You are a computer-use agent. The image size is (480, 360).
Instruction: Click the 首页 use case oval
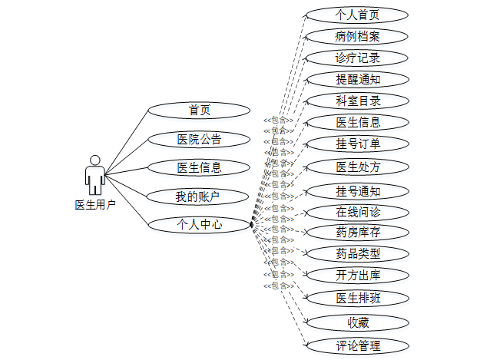coord(199,111)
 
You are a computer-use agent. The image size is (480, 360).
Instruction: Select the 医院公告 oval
coord(199,139)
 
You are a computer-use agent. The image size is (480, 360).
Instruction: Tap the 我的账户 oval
coord(199,197)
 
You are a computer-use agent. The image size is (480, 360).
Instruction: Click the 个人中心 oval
coord(199,225)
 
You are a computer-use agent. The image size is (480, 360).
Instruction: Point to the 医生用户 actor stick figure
coord(95,175)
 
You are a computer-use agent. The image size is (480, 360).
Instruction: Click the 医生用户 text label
coord(95,205)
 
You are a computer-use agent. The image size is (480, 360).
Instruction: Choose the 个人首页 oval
coord(357,15)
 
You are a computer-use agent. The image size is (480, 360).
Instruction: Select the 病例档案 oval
coord(357,36)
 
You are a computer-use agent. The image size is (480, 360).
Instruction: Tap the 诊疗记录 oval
coord(357,58)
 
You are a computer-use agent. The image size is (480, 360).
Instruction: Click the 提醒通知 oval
coord(357,79)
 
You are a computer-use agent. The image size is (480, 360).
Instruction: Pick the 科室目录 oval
coord(357,101)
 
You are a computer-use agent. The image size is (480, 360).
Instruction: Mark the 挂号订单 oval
coord(357,144)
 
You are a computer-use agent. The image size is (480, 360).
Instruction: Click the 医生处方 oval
coord(357,167)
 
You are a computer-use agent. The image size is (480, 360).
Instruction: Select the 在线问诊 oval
coord(357,212)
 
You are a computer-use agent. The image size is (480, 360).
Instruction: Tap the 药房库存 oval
coord(357,232)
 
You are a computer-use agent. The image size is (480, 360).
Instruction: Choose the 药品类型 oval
coord(357,253)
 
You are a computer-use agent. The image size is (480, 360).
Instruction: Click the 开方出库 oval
coord(357,275)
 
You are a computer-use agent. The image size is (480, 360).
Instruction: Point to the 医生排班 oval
coord(357,298)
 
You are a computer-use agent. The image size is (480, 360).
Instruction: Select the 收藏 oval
coord(357,322)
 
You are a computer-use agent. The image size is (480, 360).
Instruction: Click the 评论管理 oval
coord(357,345)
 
